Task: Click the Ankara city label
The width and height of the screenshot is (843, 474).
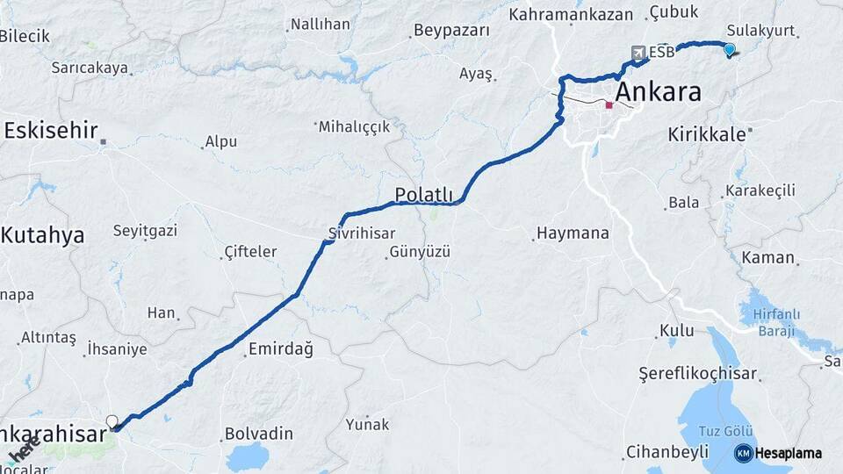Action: coord(658,91)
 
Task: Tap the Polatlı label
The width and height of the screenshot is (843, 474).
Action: coord(423,195)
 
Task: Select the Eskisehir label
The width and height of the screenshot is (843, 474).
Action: coord(50,131)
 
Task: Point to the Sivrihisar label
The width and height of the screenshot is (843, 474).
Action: coord(361,233)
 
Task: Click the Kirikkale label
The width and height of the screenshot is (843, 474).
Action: coord(706,134)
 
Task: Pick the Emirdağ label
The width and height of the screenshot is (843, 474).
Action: coord(280,348)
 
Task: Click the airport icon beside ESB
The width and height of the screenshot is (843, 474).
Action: coord(638,52)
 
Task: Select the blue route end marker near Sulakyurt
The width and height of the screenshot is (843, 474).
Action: coord(729,50)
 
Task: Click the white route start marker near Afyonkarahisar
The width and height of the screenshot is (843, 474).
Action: coord(112,421)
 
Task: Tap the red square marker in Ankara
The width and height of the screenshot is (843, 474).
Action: coord(609,105)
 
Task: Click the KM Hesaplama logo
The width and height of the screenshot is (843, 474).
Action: coord(778,453)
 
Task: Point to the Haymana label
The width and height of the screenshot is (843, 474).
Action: coord(572,233)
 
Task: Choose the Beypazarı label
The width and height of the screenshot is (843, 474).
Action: coord(450,31)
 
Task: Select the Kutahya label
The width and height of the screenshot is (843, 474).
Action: coord(42,234)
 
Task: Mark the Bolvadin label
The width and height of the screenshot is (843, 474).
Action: coord(259,434)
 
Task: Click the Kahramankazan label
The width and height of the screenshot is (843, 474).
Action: coord(571,14)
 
